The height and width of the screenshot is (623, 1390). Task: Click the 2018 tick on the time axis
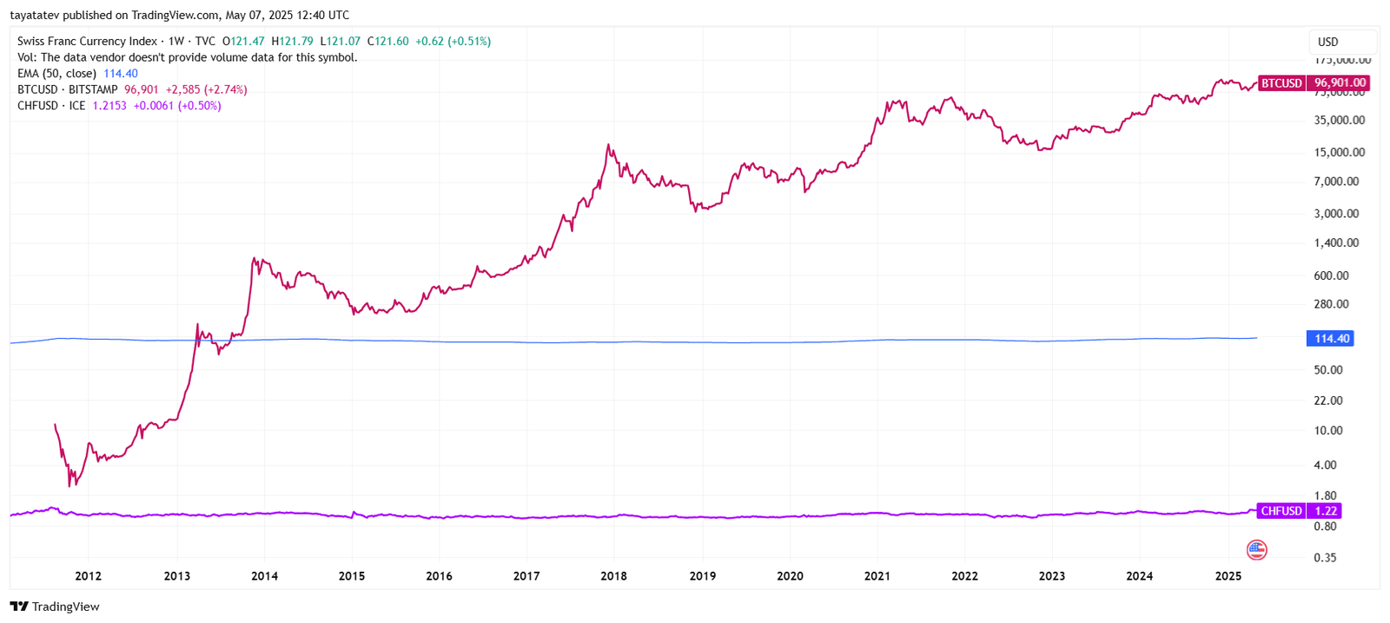(x=613, y=576)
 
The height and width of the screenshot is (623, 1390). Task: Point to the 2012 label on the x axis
(x=88, y=576)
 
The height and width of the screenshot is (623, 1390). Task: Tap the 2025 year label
(x=1228, y=576)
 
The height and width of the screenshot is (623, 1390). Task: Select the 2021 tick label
(x=877, y=576)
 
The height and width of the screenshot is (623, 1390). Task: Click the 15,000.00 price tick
(x=1339, y=152)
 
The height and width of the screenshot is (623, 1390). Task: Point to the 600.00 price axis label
(x=1331, y=275)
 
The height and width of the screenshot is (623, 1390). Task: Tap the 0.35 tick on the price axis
(x=1325, y=558)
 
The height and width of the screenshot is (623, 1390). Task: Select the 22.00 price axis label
(x=1327, y=401)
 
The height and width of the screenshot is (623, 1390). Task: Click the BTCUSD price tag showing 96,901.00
(x=1314, y=83)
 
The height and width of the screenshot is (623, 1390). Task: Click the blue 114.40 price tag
(x=1330, y=339)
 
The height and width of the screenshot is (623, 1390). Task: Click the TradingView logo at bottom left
(x=55, y=606)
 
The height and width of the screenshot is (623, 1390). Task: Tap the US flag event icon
(x=1256, y=549)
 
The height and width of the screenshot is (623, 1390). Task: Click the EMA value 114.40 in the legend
(x=121, y=74)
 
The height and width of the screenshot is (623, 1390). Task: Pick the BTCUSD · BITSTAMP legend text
(x=67, y=89)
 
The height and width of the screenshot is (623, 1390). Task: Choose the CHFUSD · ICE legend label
(x=51, y=106)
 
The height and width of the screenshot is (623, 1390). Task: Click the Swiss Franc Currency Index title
(x=87, y=41)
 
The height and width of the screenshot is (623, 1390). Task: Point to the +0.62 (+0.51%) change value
(x=453, y=41)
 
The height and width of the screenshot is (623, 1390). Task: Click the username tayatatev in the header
(x=35, y=15)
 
